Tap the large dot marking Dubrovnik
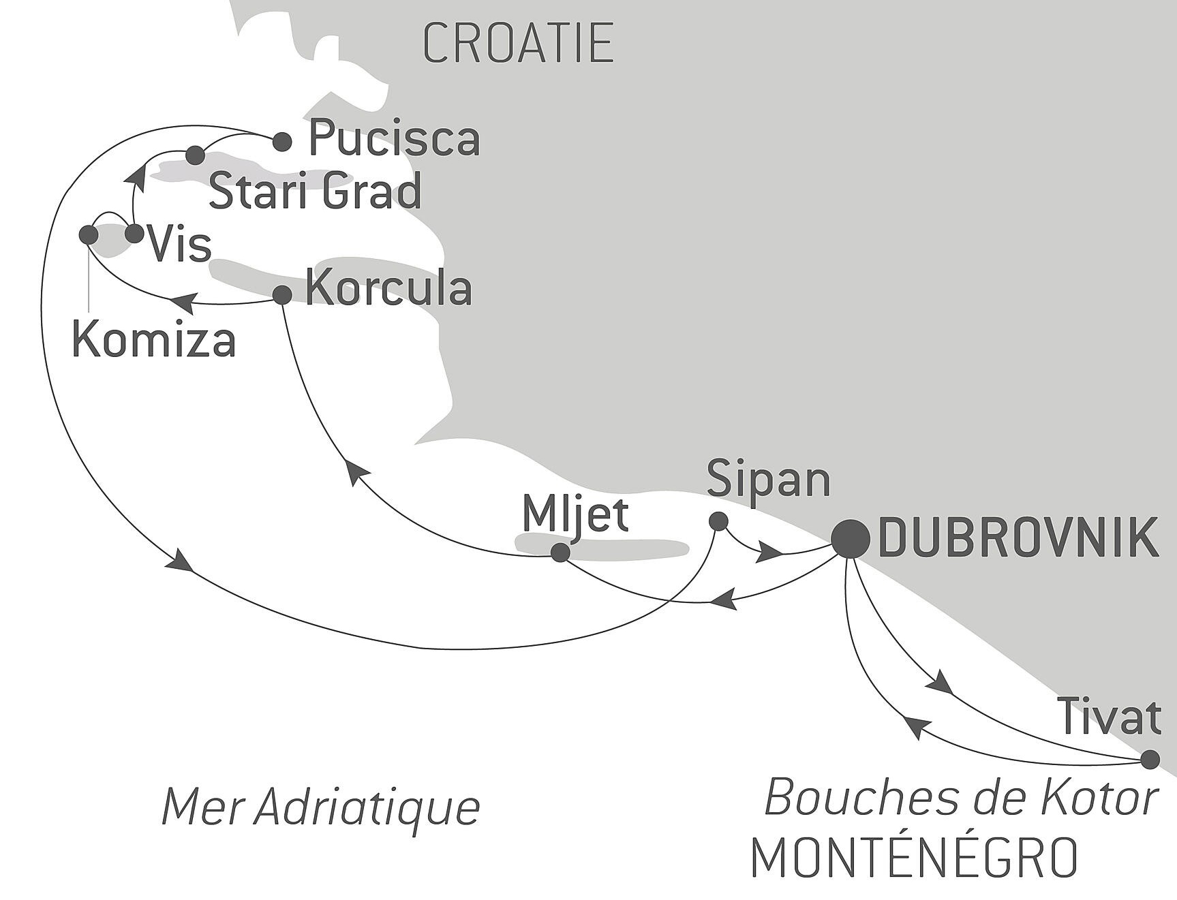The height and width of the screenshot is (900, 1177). (851, 539)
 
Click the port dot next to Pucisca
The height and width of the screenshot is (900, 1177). (282, 142)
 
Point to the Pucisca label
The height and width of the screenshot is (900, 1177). (395, 140)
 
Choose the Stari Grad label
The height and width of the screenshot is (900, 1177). (315, 192)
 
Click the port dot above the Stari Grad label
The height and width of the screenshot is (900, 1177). (196, 155)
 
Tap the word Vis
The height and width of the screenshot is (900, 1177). (180, 244)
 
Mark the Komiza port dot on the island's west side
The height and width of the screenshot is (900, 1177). (89, 235)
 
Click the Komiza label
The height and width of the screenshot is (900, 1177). (153, 339)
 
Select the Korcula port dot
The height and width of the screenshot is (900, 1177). (282, 295)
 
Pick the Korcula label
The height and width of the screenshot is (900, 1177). (388, 289)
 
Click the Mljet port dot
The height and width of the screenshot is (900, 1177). (560, 553)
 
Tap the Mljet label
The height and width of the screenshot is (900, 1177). (575, 515)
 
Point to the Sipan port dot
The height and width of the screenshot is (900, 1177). (718, 522)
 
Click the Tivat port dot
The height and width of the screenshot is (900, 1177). (1150, 759)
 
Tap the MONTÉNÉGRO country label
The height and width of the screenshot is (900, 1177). (914, 857)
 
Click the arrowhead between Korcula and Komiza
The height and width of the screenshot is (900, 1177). (183, 302)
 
